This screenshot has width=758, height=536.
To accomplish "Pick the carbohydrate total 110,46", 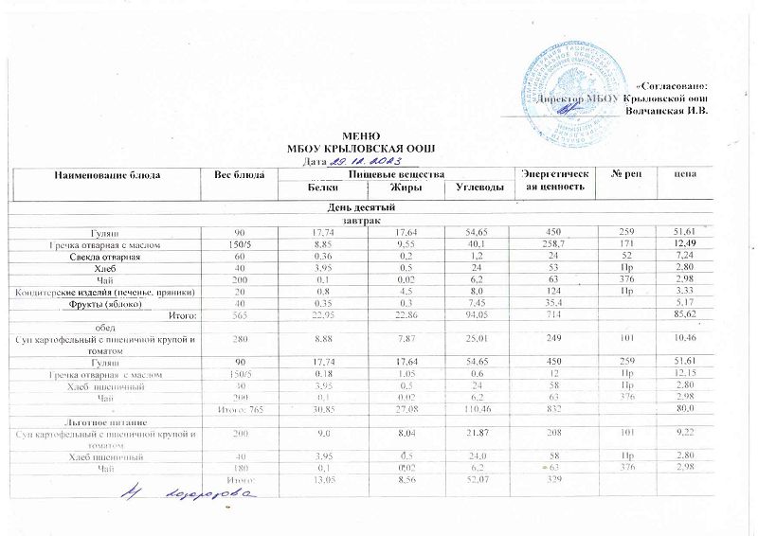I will click(468, 407).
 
